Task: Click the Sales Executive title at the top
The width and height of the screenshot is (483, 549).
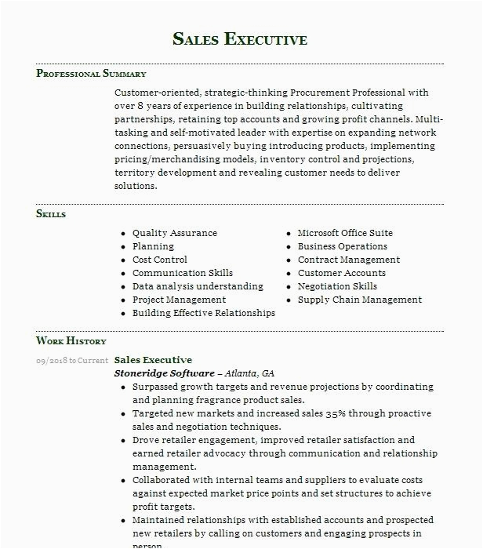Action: (240, 39)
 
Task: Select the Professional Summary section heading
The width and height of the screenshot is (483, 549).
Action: (91, 74)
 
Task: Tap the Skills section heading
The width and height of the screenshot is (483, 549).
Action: (51, 214)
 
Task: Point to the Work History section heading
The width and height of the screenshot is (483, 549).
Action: (71, 341)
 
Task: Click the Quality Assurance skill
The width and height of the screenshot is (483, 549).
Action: (175, 233)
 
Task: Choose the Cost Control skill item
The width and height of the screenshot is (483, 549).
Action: (160, 260)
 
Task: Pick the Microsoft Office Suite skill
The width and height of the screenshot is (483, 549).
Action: (345, 233)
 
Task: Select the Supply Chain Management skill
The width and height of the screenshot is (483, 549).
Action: (360, 300)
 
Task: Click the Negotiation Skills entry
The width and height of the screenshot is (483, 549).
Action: (337, 286)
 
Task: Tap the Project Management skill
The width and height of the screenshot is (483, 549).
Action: (179, 300)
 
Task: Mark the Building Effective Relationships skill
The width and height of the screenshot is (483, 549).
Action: (204, 313)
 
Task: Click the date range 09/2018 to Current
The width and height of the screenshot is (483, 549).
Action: (72, 361)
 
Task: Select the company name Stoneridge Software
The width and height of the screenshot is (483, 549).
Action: (164, 373)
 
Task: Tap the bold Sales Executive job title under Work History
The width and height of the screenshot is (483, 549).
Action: (153, 360)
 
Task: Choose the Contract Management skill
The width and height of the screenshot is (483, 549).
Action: (349, 260)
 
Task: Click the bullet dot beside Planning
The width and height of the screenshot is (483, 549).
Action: (123, 247)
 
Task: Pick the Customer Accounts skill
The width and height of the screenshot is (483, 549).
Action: (342, 273)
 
